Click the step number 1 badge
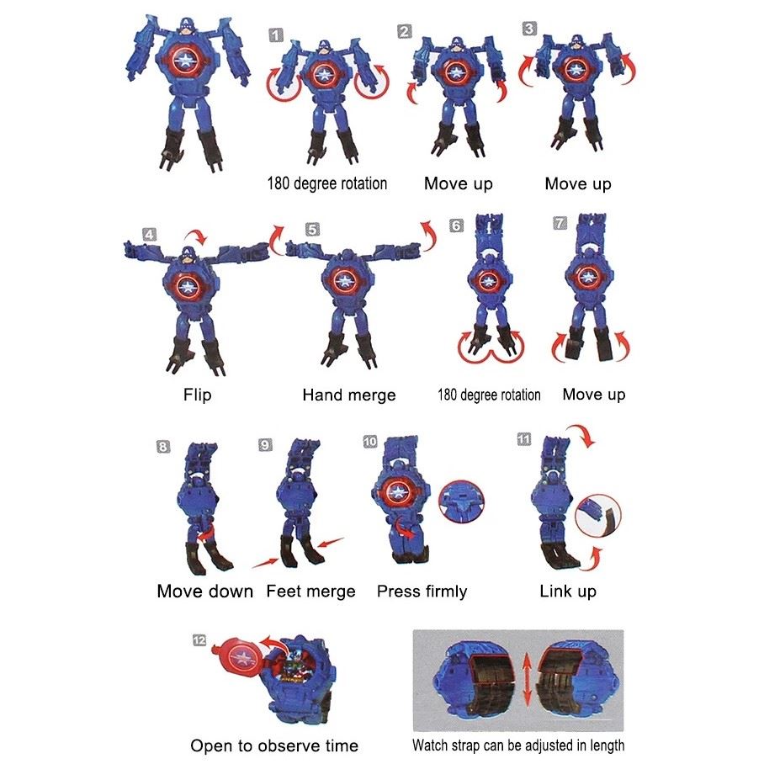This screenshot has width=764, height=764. click(x=276, y=35)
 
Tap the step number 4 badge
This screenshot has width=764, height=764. click(x=150, y=235)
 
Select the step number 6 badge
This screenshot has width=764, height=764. click(x=456, y=225)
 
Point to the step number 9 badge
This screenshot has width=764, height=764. click(x=265, y=445)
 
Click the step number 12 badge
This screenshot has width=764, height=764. click(x=199, y=640)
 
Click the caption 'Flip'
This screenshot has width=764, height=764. click(x=198, y=394)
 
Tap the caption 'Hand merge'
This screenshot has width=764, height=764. click(x=349, y=395)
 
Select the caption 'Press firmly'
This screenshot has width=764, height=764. click(x=422, y=591)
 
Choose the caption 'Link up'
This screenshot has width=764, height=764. click(x=568, y=591)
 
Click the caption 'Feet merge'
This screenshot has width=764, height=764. click(x=310, y=591)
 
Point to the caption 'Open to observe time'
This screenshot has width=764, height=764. click(x=274, y=745)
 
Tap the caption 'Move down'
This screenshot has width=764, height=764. click(x=205, y=591)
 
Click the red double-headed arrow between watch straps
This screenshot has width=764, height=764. click(x=526, y=680)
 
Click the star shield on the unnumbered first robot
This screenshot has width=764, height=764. click(x=185, y=61)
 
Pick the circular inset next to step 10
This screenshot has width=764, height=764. click(x=461, y=501)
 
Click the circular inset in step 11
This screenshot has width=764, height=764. click(x=598, y=516)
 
